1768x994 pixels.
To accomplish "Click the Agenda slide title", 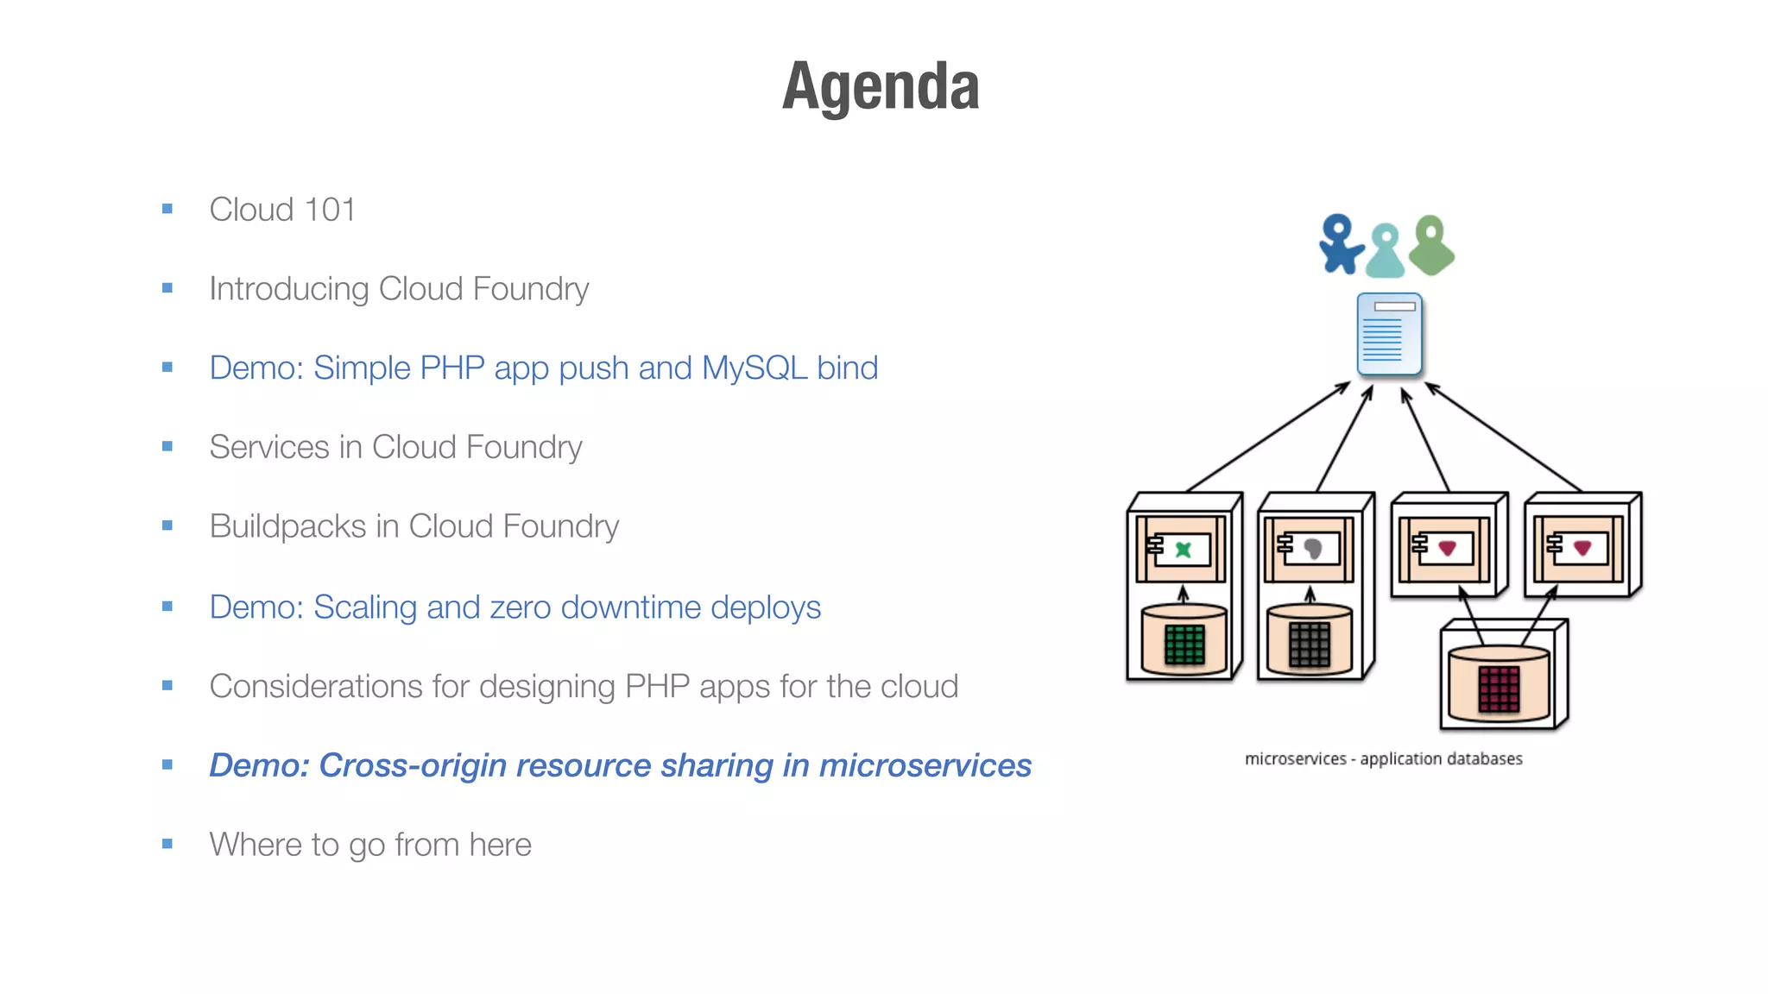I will click(x=881, y=86).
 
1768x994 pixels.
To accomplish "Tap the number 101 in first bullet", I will click(x=330, y=210).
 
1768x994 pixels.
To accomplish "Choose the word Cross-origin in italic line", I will click(x=413, y=766).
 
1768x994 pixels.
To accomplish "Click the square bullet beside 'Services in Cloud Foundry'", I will click(x=167, y=447).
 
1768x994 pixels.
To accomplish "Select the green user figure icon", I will click(x=1431, y=246).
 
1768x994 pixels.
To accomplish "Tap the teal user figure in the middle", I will click(x=1386, y=252).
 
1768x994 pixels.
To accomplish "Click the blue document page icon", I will click(x=1389, y=335).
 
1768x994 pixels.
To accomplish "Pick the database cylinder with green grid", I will click(x=1184, y=640).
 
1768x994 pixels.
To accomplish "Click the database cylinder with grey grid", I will click(x=1310, y=640).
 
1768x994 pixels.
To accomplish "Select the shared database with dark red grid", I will click(x=1499, y=685).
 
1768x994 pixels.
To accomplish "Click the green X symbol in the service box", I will click(x=1184, y=549).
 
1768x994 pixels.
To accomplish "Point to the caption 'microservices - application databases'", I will click(x=1383, y=759).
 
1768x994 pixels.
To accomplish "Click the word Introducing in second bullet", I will click(x=288, y=289).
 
